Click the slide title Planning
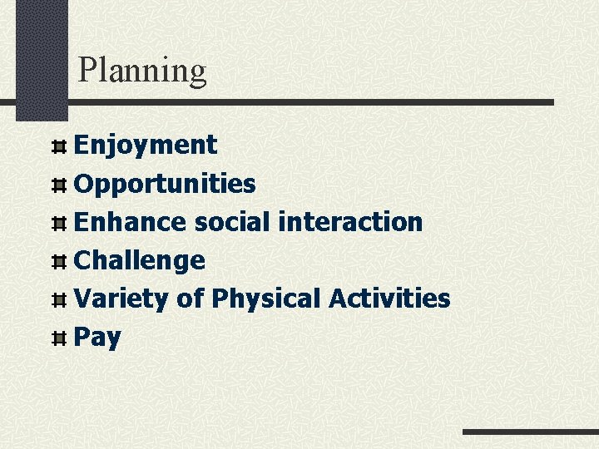pyautogui.click(x=141, y=71)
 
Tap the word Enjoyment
pyautogui.click(x=146, y=146)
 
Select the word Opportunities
pyautogui.click(x=165, y=184)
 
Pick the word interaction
pyautogui.click(x=350, y=222)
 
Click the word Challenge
pyautogui.click(x=140, y=260)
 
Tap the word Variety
pyautogui.click(x=121, y=299)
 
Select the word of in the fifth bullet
pyautogui.click(x=190, y=299)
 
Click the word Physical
pyautogui.click(x=265, y=299)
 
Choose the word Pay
pyautogui.click(x=97, y=338)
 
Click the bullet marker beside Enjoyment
pyautogui.click(x=59, y=147)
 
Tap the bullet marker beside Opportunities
pyautogui.click(x=59, y=185)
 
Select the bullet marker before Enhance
pyautogui.click(x=59, y=224)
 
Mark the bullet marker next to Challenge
pyautogui.click(x=59, y=262)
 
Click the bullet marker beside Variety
pyautogui.click(x=59, y=300)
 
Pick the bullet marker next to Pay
pyautogui.click(x=59, y=338)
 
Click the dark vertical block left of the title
pyautogui.click(x=42, y=58)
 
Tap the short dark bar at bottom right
pyautogui.click(x=530, y=432)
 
